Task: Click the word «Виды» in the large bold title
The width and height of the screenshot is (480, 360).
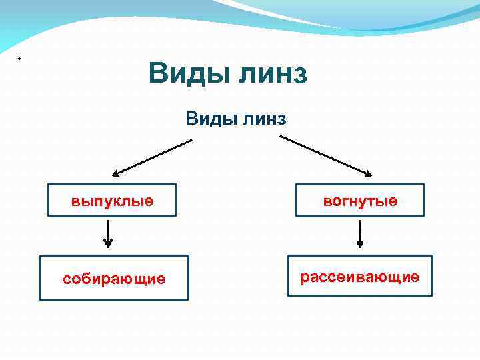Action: click(187, 73)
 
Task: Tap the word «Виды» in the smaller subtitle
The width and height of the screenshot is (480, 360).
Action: click(209, 119)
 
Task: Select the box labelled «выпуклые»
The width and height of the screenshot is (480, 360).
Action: click(112, 200)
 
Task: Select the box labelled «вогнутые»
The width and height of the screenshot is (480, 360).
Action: click(360, 200)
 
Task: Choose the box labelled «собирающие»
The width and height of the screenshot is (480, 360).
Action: click(113, 278)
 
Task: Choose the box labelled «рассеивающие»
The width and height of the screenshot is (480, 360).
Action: click(359, 275)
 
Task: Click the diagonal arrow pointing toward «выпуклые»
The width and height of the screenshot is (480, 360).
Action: click(152, 157)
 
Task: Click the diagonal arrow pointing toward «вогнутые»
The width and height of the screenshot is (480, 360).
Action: click(325, 156)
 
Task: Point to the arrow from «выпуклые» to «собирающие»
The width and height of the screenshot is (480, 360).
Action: click(109, 234)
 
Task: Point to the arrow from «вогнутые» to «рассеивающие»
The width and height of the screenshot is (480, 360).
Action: click(360, 234)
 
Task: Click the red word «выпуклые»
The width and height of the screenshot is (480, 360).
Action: click(112, 201)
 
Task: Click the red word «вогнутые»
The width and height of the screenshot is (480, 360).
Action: click(360, 201)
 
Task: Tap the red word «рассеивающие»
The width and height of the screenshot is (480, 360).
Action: click(359, 276)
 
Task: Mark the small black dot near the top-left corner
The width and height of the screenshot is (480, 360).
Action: click(19, 59)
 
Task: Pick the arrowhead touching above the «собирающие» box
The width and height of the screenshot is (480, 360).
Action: click(109, 245)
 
